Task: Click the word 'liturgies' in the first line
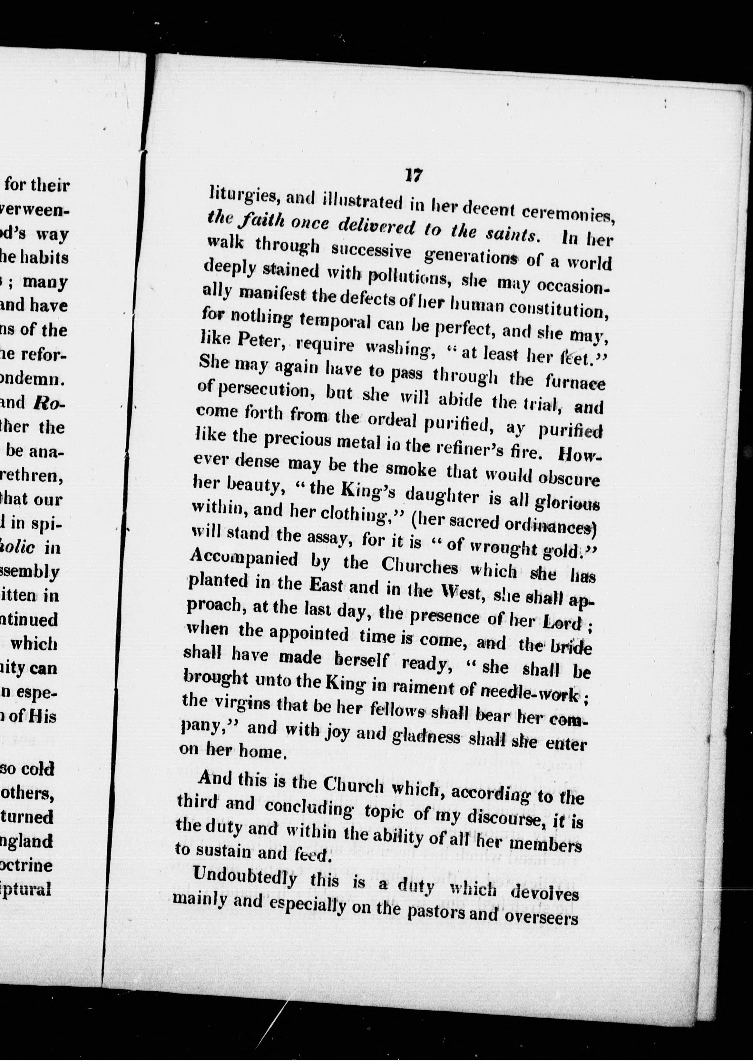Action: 242,195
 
